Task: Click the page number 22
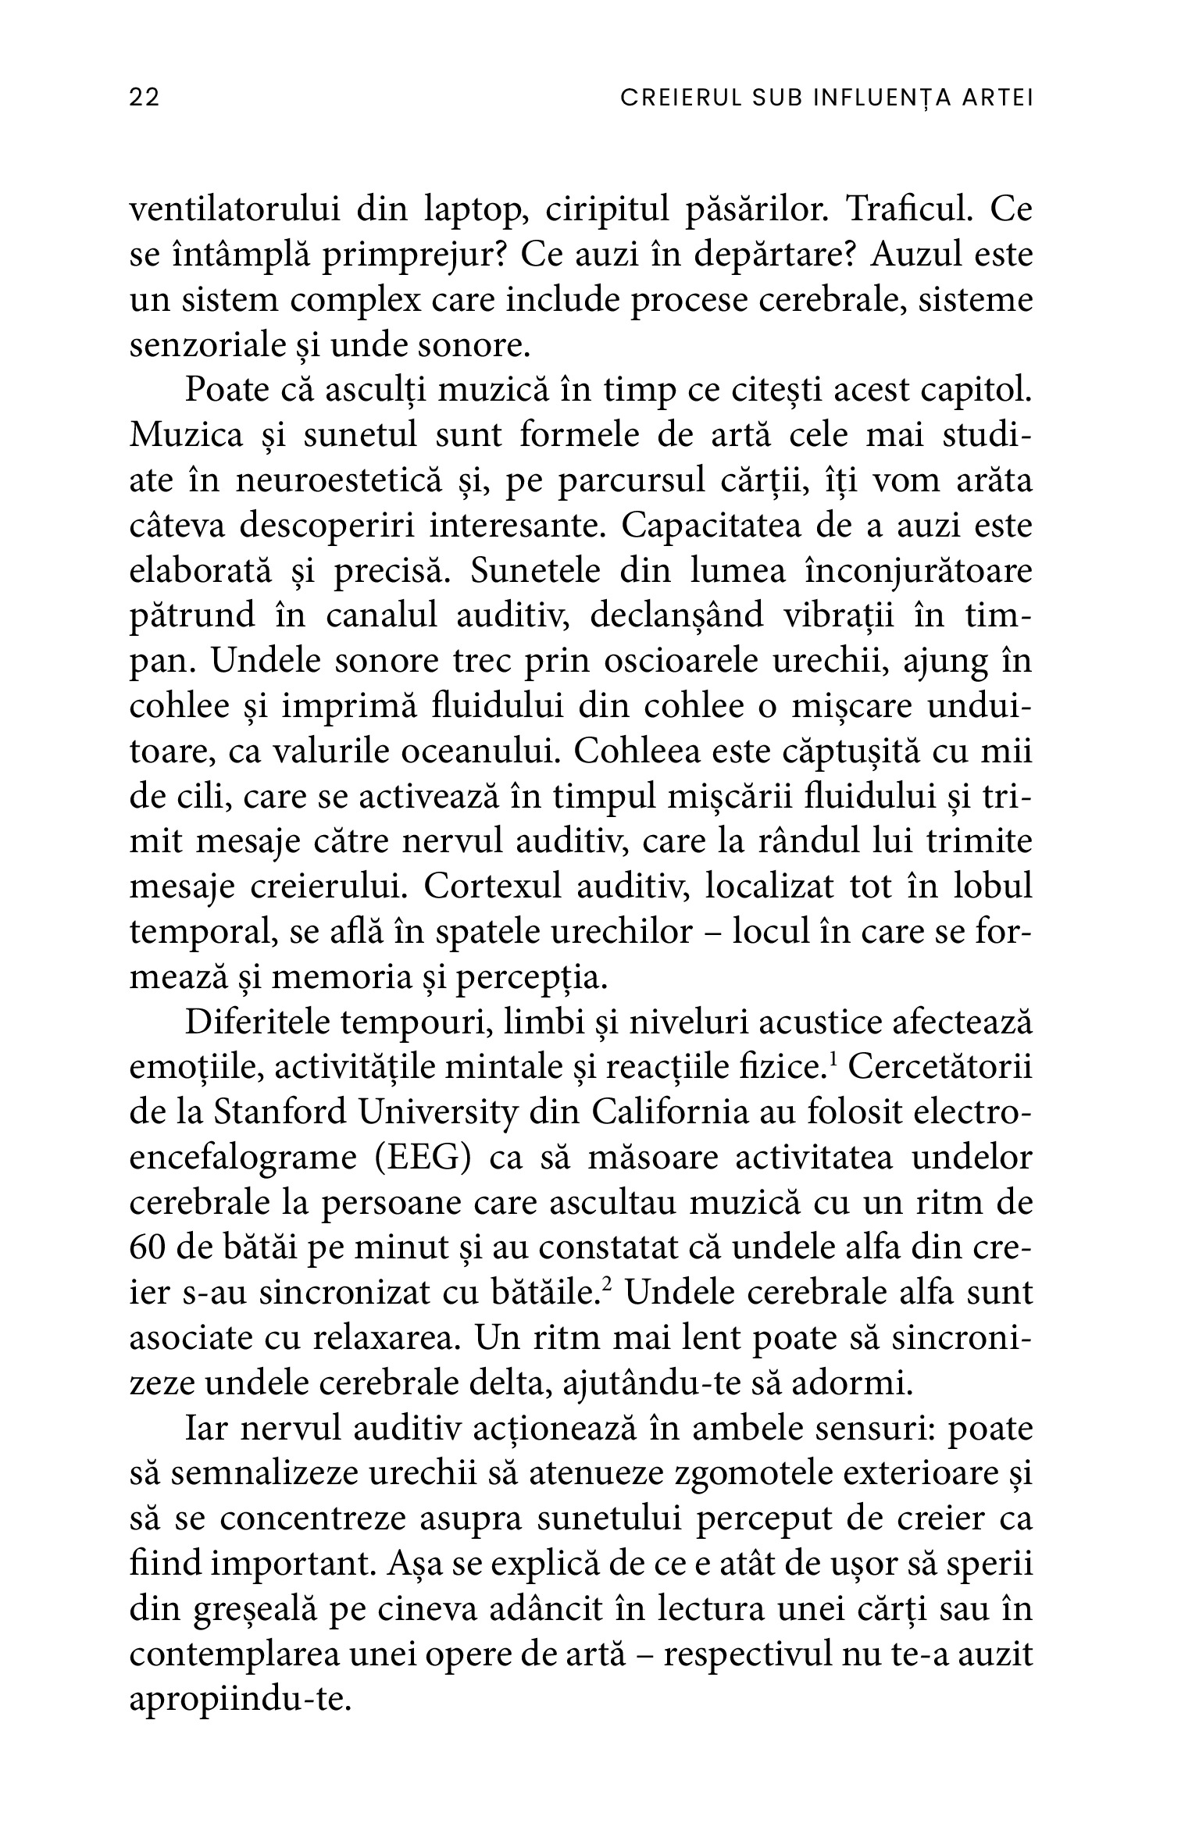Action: tap(145, 98)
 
